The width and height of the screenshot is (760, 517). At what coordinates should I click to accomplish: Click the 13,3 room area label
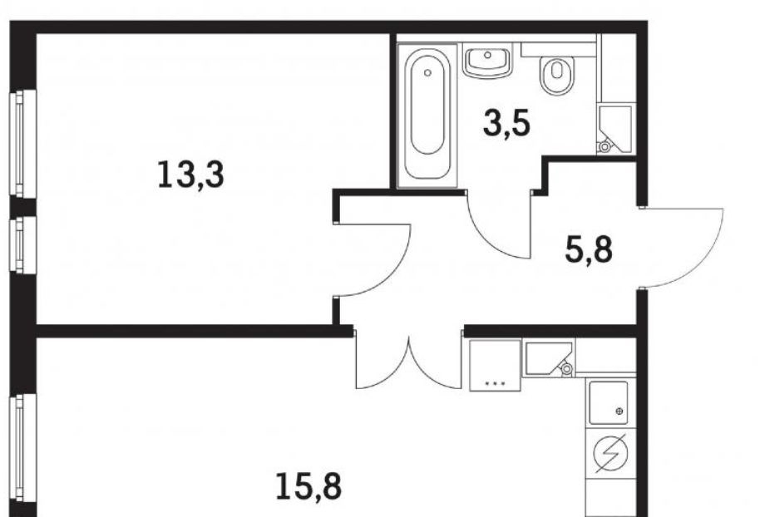[191, 175]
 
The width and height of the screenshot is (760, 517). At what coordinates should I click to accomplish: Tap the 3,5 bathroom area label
[506, 124]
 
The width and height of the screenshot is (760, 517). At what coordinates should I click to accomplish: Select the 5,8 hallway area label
[589, 249]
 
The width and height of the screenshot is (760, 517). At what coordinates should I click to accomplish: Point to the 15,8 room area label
[308, 486]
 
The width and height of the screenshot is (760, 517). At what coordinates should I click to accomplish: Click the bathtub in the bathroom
[427, 116]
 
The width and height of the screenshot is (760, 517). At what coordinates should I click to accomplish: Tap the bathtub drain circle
[427, 72]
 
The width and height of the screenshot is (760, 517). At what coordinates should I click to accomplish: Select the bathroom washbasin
[487, 60]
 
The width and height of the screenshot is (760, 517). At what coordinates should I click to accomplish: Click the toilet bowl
[557, 75]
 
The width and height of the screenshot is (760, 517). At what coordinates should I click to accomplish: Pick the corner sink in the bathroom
[615, 129]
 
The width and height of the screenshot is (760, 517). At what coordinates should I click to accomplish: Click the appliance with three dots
[495, 366]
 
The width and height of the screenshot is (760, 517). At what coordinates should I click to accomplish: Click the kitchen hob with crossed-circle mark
[609, 402]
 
